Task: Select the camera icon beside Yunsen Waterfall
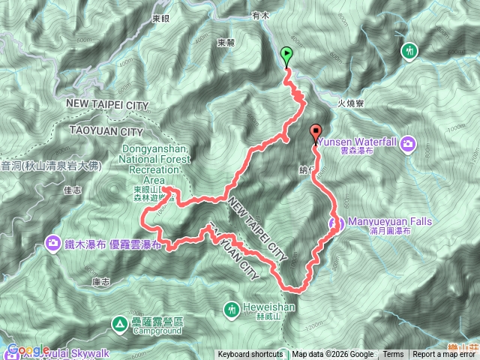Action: click(408, 143)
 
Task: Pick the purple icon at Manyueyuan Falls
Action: click(336, 223)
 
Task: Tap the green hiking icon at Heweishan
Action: click(232, 307)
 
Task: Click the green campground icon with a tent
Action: click(118, 324)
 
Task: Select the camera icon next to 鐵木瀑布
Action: click(53, 242)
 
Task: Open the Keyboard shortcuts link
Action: click(250, 355)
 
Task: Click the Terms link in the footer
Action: click(393, 355)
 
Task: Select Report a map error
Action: click(445, 355)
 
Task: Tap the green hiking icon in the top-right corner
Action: click(409, 51)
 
